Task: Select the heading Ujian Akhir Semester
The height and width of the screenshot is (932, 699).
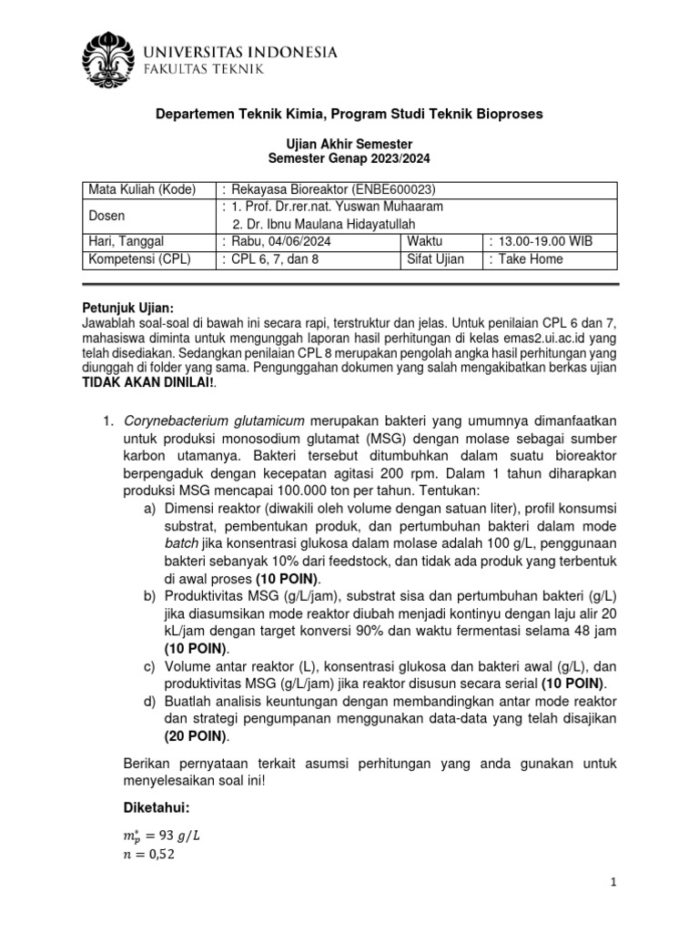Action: tap(349, 144)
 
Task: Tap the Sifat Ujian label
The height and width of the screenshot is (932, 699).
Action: tap(436, 258)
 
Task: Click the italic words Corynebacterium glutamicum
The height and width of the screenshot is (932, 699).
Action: tap(216, 420)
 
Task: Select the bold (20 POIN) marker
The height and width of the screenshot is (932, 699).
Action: tap(197, 736)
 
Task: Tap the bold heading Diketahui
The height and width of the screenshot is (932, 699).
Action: tap(157, 807)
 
